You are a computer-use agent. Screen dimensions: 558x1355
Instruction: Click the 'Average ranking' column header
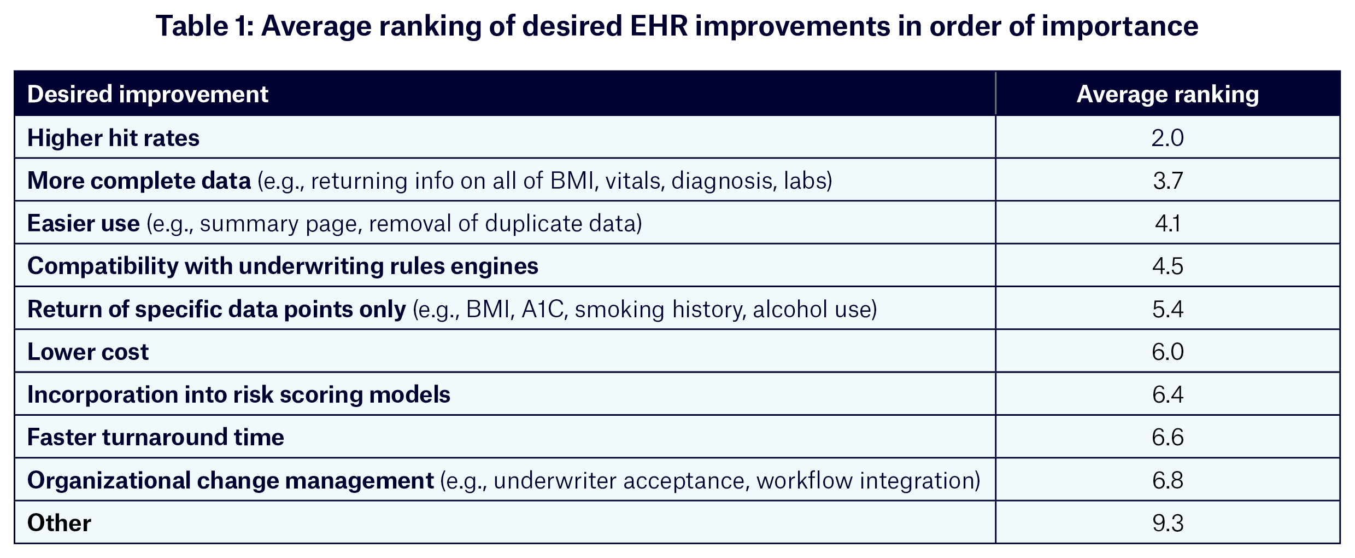tap(1167, 95)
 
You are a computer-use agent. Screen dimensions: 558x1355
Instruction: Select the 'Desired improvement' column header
tap(148, 95)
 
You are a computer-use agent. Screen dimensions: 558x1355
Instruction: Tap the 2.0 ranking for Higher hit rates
tap(1167, 138)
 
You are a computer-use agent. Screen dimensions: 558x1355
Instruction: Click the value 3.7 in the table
tap(1168, 181)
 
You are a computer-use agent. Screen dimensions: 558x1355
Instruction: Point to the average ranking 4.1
tap(1168, 223)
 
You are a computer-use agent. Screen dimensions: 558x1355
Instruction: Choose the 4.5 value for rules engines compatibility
tap(1168, 266)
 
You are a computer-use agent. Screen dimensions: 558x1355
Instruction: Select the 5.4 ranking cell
tap(1168, 309)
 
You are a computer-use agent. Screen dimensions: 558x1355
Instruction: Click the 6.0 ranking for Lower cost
tap(1168, 352)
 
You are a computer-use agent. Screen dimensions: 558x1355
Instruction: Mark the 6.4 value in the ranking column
tap(1168, 394)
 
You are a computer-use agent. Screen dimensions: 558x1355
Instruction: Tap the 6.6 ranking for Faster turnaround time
tap(1168, 437)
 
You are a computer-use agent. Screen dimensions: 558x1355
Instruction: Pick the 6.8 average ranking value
tap(1168, 480)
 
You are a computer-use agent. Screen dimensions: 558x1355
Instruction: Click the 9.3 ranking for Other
tap(1168, 523)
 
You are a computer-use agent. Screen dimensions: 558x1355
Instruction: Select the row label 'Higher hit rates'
tap(113, 138)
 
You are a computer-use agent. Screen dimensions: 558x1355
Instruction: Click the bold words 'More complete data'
tap(139, 181)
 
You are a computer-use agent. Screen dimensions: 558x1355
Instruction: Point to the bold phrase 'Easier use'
tap(83, 223)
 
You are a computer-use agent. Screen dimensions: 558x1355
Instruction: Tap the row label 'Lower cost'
tap(87, 352)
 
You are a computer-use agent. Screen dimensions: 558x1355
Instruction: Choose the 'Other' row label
tap(59, 523)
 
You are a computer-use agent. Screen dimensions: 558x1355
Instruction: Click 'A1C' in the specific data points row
tap(542, 310)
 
